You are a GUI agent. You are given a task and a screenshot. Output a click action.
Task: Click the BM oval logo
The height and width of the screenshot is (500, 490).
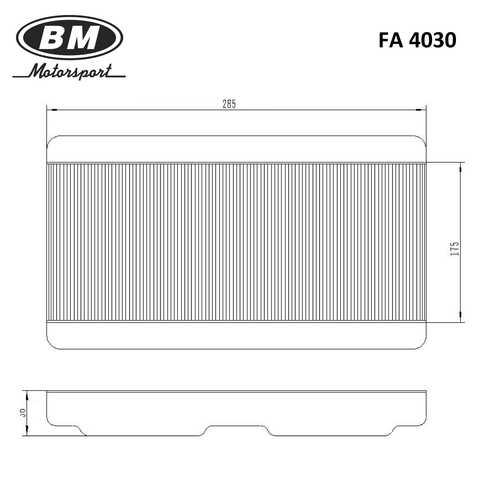coord(70,37)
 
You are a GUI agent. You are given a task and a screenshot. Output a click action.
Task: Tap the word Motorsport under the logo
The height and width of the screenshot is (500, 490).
coord(70,71)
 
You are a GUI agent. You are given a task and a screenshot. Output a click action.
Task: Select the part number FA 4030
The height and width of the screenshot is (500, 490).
coord(417,40)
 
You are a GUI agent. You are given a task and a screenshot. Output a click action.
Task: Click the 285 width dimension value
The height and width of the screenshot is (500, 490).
coord(229,104)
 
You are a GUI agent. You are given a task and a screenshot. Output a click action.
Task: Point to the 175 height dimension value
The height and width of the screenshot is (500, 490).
coord(454,249)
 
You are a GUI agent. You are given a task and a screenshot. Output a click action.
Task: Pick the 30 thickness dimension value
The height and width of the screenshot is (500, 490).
coord(23,413)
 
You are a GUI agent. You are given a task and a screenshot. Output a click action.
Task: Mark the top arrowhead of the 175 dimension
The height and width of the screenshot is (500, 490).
coord(461,169)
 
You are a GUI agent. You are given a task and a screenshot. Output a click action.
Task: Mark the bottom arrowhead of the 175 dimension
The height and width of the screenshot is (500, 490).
coord(461,317)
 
